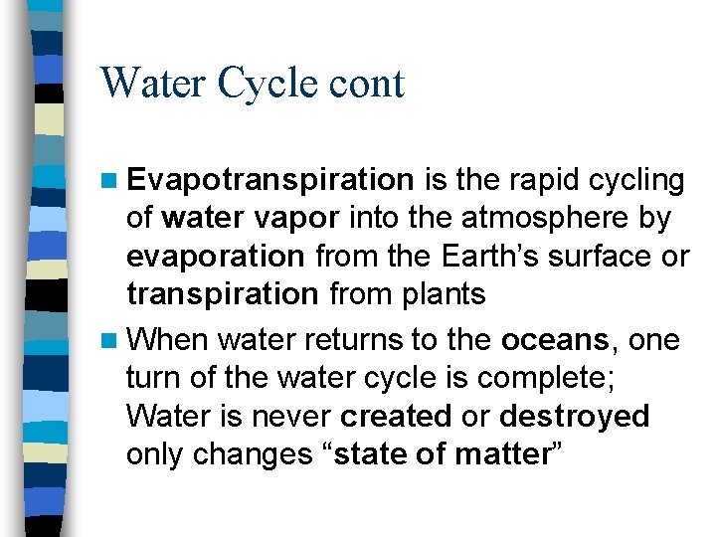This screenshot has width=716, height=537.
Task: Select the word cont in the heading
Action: click(x=370, y=85)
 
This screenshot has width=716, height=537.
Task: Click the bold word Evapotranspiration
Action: click(x=270, y=181)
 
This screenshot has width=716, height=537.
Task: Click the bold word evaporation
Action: click(x=216, y=257)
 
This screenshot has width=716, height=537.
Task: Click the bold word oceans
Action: click(x=555, y=341)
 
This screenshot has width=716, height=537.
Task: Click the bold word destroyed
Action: click(x=574, y=417)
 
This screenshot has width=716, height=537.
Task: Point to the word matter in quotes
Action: click(x=503, y=454)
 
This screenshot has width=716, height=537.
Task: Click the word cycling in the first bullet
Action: click(x=631, y=181)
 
